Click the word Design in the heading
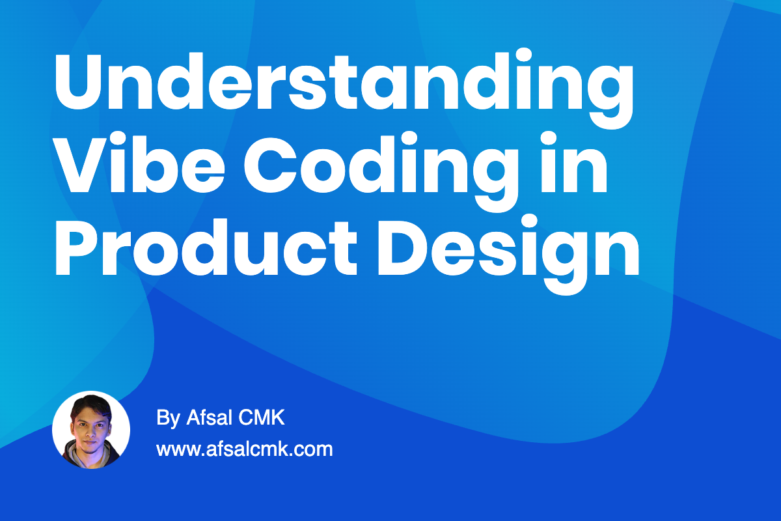point(508,244)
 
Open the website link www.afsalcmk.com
point(245,449)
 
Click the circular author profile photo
point(91,430)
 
